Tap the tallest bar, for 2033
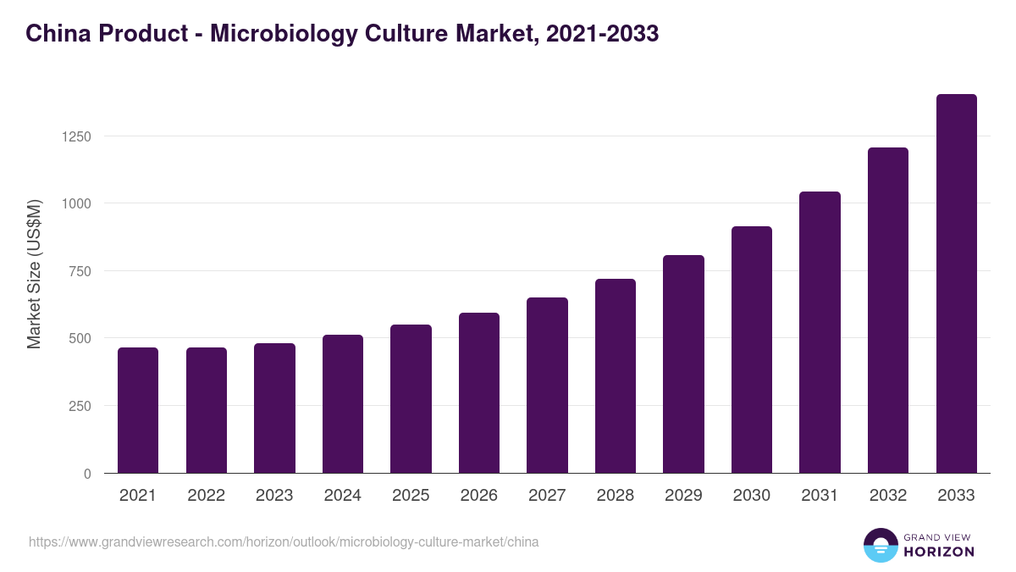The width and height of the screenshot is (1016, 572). [x=956, y=284]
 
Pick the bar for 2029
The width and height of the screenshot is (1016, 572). [x=683, y=364]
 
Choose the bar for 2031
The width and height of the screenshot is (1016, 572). [x=820, y=332]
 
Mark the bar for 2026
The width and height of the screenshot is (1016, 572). [x=479, y=393]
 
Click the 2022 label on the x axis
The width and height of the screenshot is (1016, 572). [x=207, y=496]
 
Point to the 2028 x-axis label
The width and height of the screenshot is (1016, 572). [x=616, y=496]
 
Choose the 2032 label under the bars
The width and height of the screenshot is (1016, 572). [x=888, y=496]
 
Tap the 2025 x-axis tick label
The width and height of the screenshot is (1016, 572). [x=411, y=496]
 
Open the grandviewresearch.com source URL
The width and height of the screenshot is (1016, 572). [x=284, y=541]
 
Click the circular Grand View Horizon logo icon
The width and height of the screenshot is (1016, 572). [x=881, y=546]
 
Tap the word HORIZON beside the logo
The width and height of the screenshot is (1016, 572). [x=939, y=552]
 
